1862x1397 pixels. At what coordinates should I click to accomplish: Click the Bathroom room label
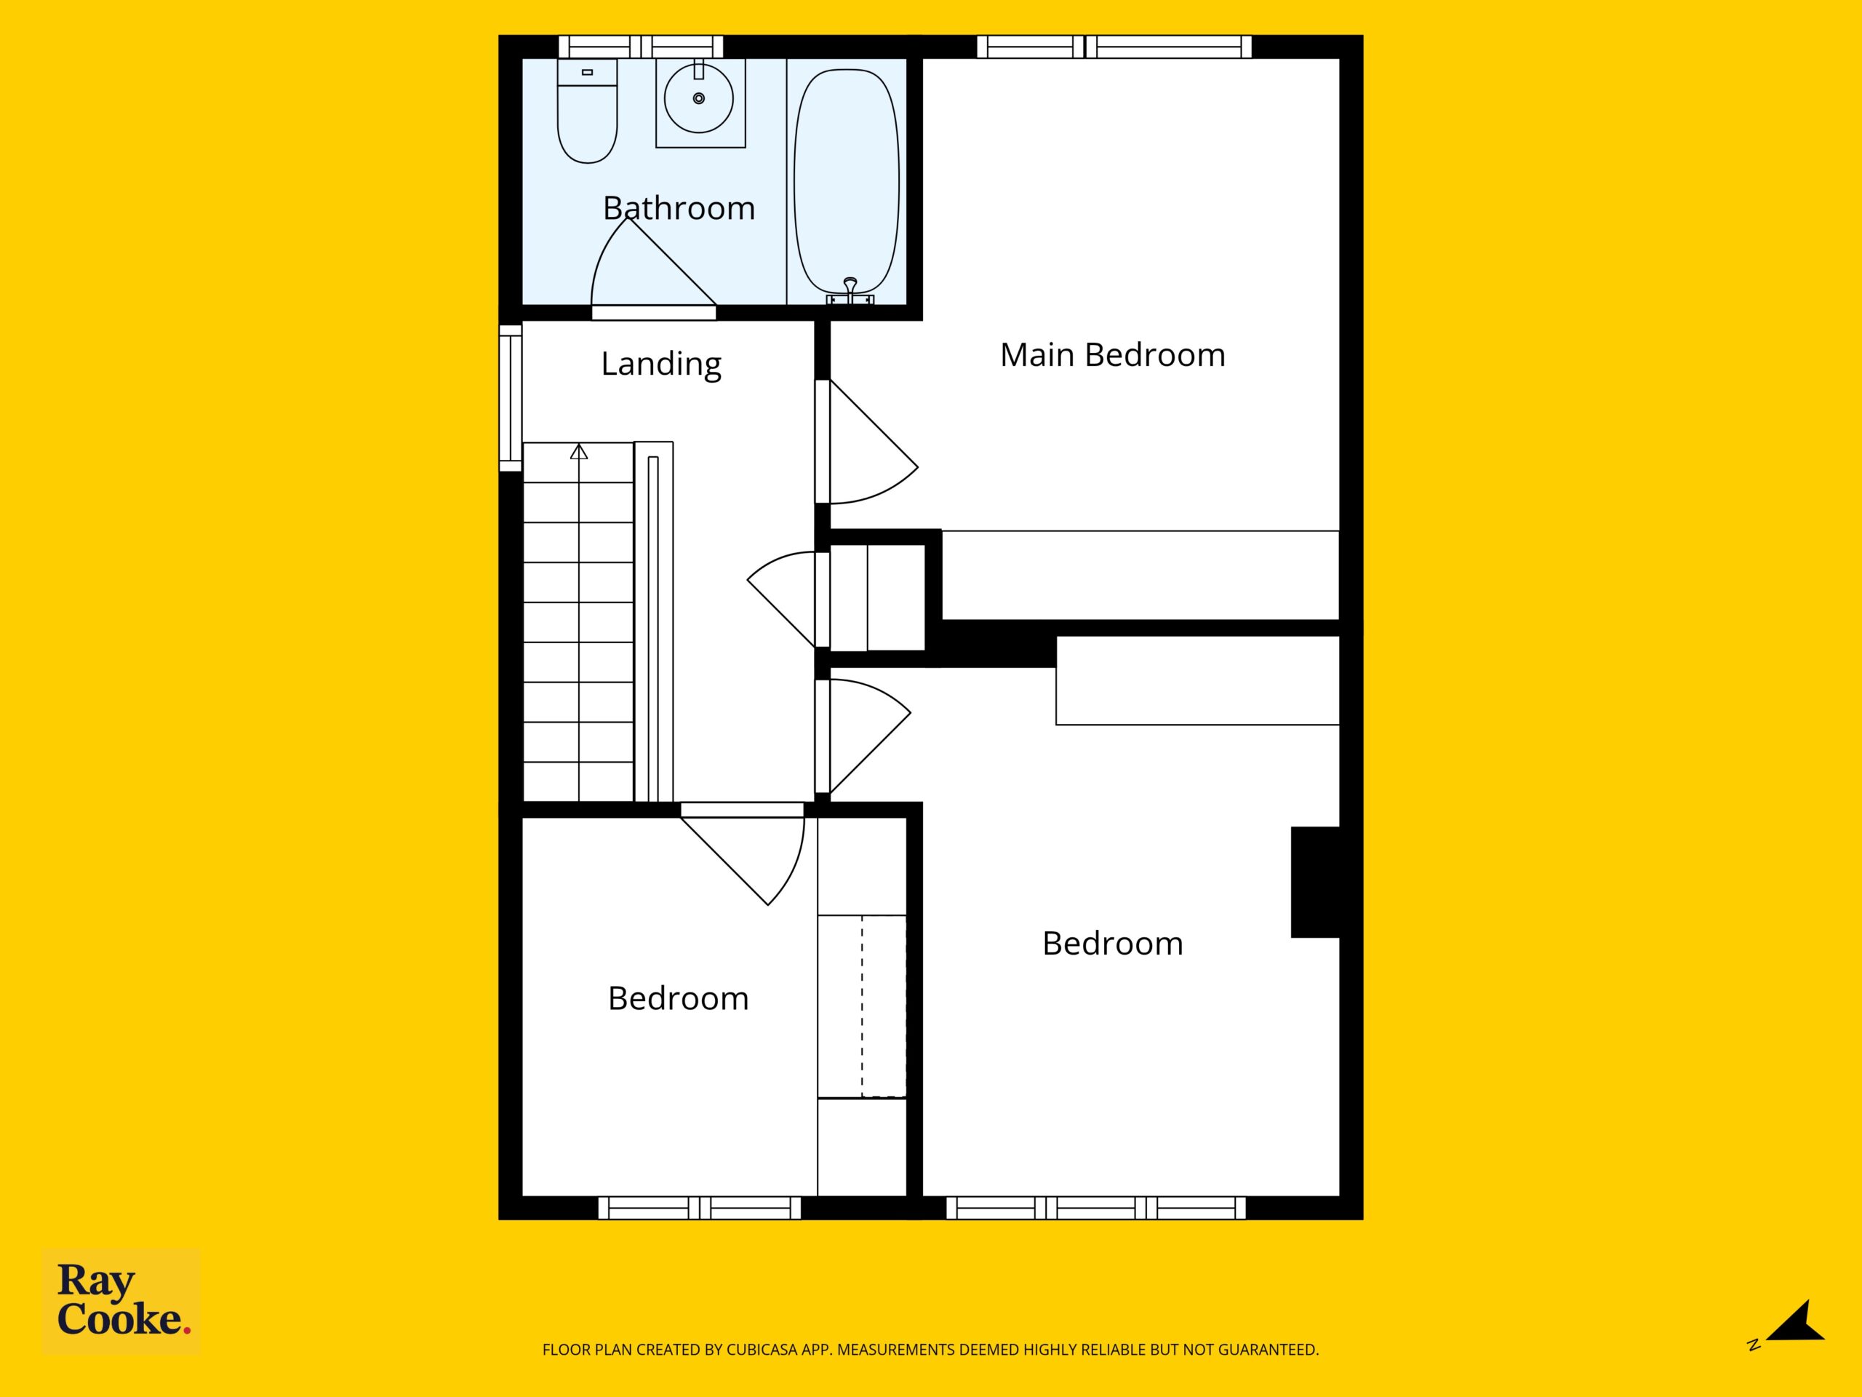tap(679, 208)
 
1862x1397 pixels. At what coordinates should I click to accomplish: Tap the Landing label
tap(660, 364)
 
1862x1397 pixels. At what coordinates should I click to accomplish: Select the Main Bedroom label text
tap(1112, 354)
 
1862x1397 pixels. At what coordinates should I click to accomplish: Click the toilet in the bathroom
tap(588, 111)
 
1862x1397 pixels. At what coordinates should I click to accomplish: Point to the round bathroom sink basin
tap(699, 98)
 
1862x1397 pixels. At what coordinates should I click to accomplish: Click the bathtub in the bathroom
tap(847, 182)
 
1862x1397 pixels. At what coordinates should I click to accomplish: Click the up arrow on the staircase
tap(579, 451)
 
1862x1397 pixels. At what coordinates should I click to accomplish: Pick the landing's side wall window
tap(510, 397)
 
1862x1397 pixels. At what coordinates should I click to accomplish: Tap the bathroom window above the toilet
tap(641, 47)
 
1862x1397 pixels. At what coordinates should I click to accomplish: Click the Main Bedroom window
tap(1114, 47)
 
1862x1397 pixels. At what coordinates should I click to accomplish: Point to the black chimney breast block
tap(1315, 882)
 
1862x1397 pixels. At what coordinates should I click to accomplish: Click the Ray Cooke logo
tap(121, 1301)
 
